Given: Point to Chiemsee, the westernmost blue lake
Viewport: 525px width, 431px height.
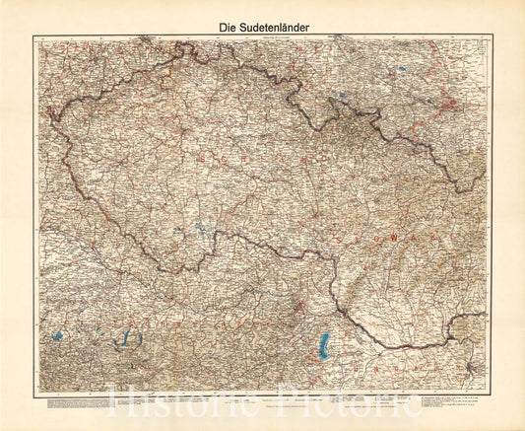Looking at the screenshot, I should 59,336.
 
